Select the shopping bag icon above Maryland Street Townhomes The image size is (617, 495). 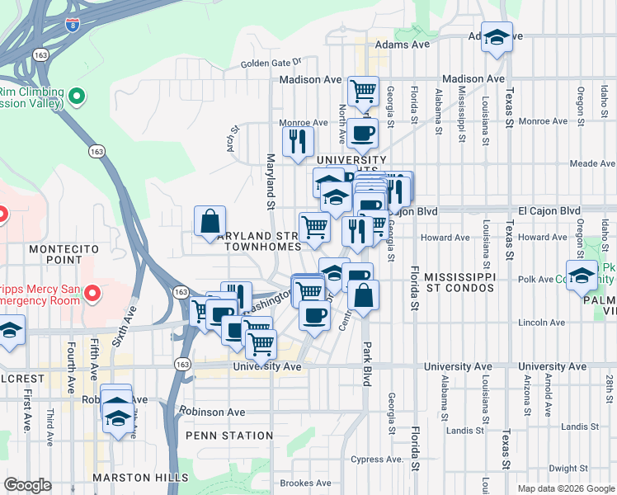click(210, 221)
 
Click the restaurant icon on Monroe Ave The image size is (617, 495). click(298, 140)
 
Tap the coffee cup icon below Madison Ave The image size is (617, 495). click(361, 133)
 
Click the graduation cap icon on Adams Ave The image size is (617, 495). click(497, 37)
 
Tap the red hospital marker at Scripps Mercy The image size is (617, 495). click(92, 293)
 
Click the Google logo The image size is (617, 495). click(27, 485)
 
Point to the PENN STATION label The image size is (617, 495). click(229, 435)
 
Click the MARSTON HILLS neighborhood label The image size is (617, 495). click(140, 478)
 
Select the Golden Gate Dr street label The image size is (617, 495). click(272, 63)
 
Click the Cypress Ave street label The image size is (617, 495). click(379, 459)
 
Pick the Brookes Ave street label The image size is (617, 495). click(306, 483)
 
